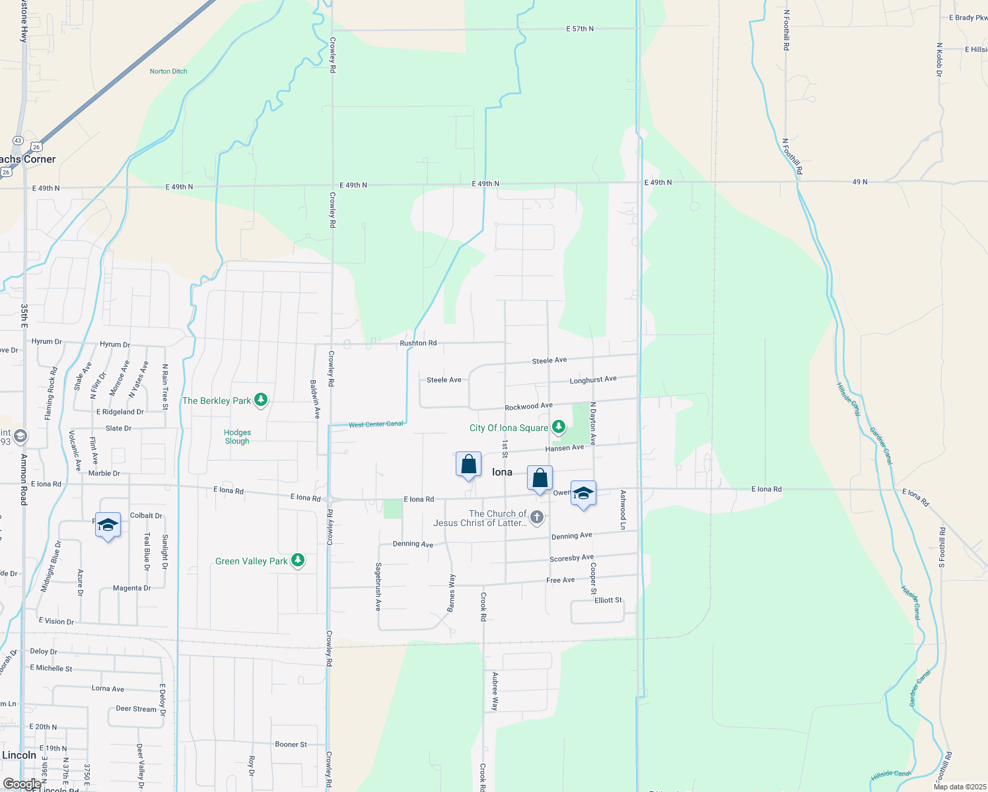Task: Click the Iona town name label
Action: click(x=502, y=472)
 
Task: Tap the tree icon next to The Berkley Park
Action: click(x=261, y=400)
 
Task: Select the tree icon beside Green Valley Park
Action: click(x=298, y=560)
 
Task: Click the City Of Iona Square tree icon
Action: click(x=559, y=427)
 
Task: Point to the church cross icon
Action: click(x=537, y=517)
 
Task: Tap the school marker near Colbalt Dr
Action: click(x=108, y=525)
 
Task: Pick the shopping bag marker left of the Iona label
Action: click(x=468, y=465)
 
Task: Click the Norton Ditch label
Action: click(x=168, y=71)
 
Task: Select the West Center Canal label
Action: click(x=376, y=424)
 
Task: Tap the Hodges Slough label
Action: click(x=237, y=437)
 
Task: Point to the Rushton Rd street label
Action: click(x=418, y=343)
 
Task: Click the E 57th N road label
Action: click(x=580, y=29)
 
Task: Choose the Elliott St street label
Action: click(x=608, y=600)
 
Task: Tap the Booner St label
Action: click(x=291, y=744)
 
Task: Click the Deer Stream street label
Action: click(x=136, y=709)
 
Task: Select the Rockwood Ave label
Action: click(x=528, y=407)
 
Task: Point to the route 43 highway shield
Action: click(x=18, y=141)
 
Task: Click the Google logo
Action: click(x=22, y=784)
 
